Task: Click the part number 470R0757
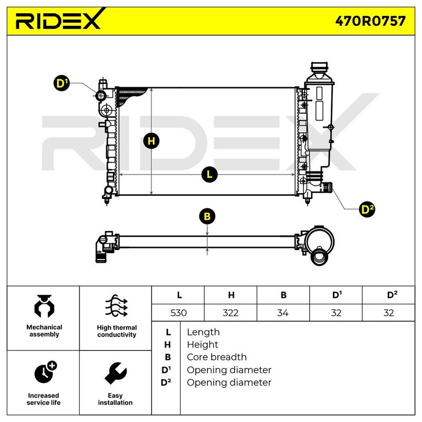point(370,21)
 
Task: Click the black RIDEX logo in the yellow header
point(59,19)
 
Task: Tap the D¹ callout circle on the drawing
point(62,83)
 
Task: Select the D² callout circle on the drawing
point(367,209)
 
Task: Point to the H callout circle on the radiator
point(151,141)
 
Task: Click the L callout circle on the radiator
point(209,175)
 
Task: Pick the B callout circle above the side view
point(207,216)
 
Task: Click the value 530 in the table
point(178,313)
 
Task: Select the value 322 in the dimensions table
point(231,313)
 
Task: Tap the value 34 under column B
point(283,313)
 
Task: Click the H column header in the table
point(231,295)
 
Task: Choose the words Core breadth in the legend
point(217,357)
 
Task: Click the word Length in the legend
point(203,332)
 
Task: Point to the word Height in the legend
point(203,344)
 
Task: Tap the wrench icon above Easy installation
point(116,373)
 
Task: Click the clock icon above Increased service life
point(45,372)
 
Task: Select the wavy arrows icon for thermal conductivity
point(116,306)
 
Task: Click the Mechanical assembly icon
point(44,306)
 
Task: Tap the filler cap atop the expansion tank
point(319,66)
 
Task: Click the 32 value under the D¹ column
point(336,313)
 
